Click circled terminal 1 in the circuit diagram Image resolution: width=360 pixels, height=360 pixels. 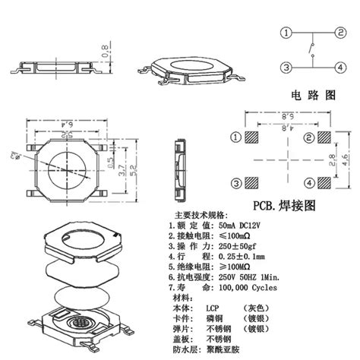click(x=286, y=33)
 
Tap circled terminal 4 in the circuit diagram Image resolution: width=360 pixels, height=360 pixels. click(x=337, y=68)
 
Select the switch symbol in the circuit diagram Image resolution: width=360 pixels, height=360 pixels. click(x=311, y=51)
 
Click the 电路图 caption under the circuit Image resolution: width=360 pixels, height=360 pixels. click(x=312, y=96)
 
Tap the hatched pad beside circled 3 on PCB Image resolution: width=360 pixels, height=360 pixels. click(x=254, y=184)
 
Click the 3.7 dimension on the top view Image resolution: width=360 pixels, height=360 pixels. click(x=100, y=171)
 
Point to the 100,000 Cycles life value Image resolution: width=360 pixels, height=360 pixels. click(x=242, y=288)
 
